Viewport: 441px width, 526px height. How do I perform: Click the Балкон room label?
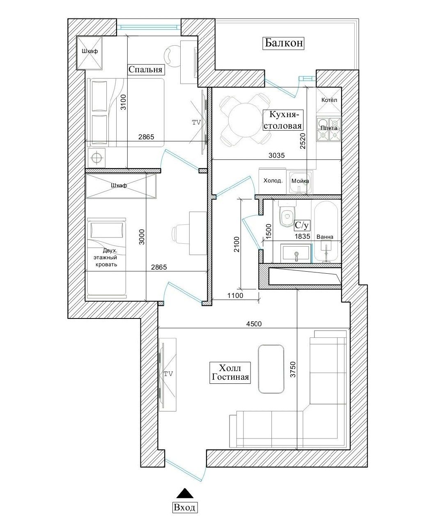(x=283, y=43)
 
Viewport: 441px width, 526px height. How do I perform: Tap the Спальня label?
(x=146, y=69)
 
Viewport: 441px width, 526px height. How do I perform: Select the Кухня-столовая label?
(x=283, y=120)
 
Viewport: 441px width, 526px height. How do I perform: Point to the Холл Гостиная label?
(x=230, y=373)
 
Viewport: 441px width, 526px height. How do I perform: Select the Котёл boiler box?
(x=329, y=100)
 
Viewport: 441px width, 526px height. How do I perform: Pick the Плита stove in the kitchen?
(x=329, y=129)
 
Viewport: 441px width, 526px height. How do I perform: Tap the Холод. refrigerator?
(x=273, y=181)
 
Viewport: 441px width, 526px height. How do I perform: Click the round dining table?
(x=244, y=120)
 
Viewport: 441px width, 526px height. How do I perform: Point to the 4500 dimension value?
(x=254, y=324)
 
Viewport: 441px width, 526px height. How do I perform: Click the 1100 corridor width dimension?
(x=235, y=295)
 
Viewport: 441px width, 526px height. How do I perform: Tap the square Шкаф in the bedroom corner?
(x=90, y=53)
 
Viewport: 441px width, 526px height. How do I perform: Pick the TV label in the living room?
(x=168, y=374)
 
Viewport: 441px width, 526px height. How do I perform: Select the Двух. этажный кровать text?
(x=106, y=258)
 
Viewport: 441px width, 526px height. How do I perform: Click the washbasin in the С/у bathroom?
(x=296, y=253)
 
